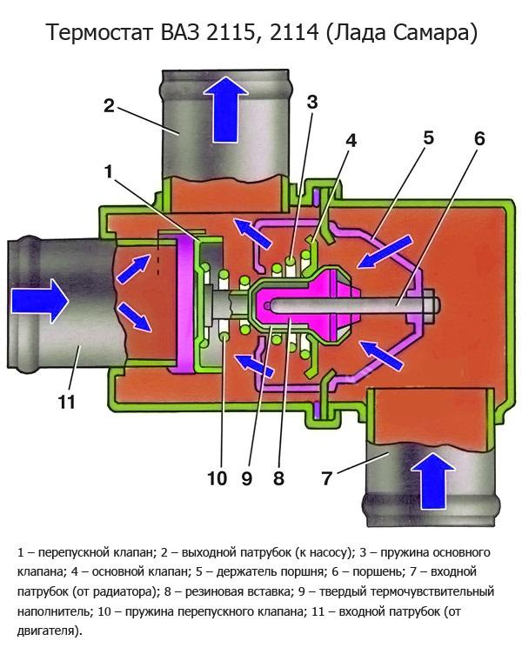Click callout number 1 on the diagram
[109, 171]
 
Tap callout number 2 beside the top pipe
[109, 105]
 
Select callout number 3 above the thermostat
[312, 101]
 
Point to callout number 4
[349, 139]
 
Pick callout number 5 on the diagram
[428, 138]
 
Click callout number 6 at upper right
[479, 138]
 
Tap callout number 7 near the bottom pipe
[327, 477]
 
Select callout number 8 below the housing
[278, 477]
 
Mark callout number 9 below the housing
[247, 477]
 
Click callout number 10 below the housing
[217, 477]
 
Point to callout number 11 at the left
[67, 402]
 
